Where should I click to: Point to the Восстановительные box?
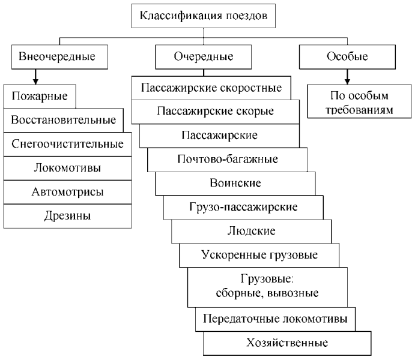coord(64,119)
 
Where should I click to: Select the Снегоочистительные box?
coord(67,144)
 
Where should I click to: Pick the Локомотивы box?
coord(67,168)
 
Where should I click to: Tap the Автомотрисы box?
coord(67,192)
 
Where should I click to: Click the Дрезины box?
coord(67,216)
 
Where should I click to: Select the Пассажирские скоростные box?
coord(211,88)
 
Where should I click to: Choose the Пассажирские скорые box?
coord(215,111)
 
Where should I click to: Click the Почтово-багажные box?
coord(223,160)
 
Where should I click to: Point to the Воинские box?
coord(227,183)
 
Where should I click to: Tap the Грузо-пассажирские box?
coord(231,207)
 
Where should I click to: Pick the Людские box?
coord(235,231)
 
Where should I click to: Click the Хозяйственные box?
coord(287,344)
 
